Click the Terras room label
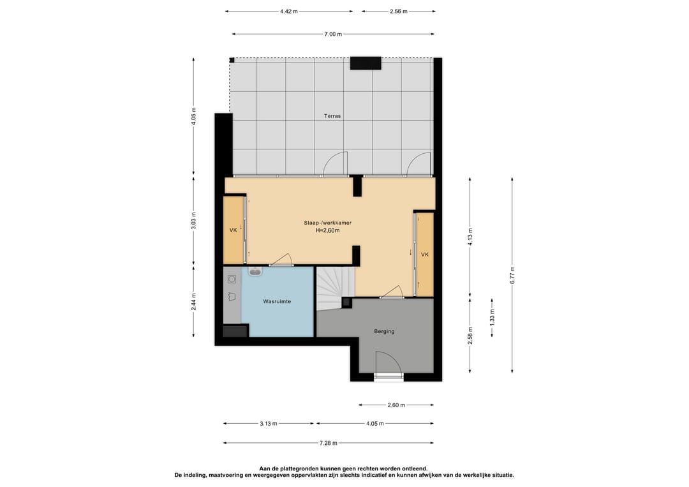point(332,116)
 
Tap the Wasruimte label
point(277,301)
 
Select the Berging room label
point(384,331)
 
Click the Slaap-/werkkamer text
point(327,223)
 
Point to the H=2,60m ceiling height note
point(327,230)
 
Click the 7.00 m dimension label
point(333,34)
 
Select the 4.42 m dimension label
point(289,11)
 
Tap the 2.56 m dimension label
point(399,11)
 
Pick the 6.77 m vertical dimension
point(512,275)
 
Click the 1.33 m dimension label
point(492,317)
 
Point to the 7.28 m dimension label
point(329,443)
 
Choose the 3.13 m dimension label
point(268,424)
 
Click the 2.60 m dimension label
point(396,405)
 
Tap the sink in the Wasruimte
point(255,271)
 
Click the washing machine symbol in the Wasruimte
point(232,279)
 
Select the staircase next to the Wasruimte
point(336,288)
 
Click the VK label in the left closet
point(233,230)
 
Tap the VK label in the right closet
point(424,255)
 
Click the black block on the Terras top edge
point(365,63)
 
